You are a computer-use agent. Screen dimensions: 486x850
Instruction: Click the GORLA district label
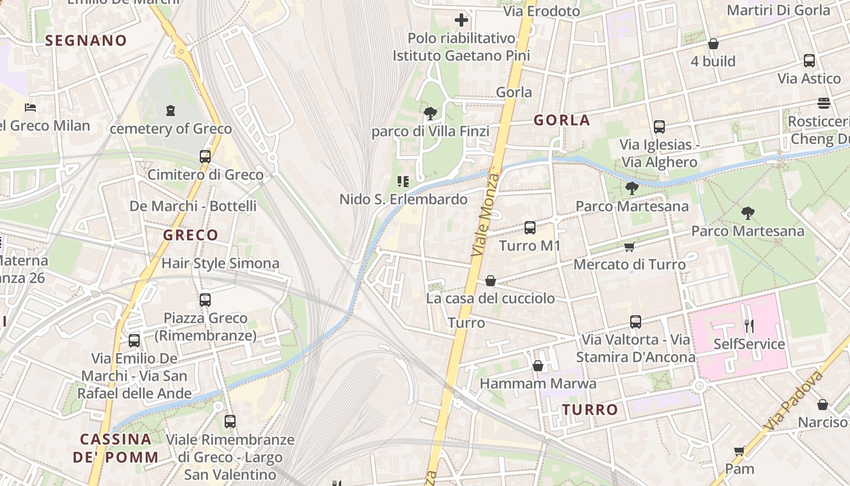click(562, 120)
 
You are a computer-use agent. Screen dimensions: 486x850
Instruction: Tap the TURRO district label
click(590, 409)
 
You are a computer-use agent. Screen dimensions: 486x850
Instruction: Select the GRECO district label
click(190, 235)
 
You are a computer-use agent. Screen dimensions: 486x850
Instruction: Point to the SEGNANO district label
click(86, 41)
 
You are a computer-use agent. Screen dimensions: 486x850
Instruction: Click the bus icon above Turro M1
click(529, 228)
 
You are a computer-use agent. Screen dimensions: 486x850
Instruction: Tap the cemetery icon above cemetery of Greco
click(171, 111)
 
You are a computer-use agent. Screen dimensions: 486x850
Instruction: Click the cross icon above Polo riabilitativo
click(461, 20)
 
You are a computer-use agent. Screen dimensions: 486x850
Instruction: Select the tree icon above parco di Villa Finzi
click(430, 113)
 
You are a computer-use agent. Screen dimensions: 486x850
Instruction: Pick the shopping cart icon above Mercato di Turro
click(630, 247)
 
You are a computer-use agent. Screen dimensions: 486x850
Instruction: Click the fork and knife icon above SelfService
click(749, 326)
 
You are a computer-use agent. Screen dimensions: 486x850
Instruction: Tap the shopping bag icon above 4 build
click(713, 44)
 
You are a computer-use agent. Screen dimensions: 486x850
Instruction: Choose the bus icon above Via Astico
click(809, 61)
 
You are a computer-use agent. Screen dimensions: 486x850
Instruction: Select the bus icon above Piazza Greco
click(205, 300)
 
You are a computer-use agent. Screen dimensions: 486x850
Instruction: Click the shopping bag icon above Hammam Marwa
click(537, 366)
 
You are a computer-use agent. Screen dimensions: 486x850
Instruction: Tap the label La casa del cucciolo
click(490, 298)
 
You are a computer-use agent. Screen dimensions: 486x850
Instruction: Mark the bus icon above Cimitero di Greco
click(205, 157)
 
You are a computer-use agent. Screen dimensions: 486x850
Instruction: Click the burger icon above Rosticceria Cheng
click(824, 103)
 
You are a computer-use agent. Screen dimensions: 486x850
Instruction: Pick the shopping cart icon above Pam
click(739, 451)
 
